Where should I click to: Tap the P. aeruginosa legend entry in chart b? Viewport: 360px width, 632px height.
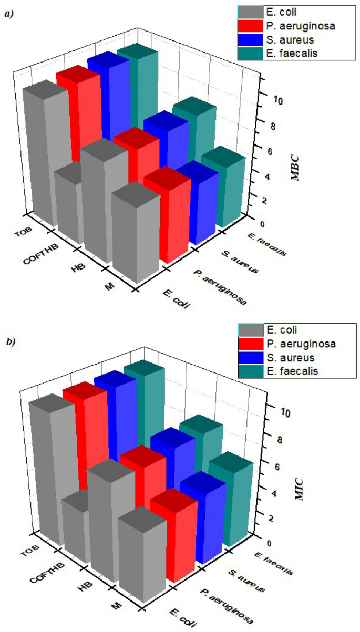click(301, 344)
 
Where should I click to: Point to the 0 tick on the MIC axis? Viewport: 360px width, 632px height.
click(269, 543)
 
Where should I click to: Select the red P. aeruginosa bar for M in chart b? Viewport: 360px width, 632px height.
click(173, 541)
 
